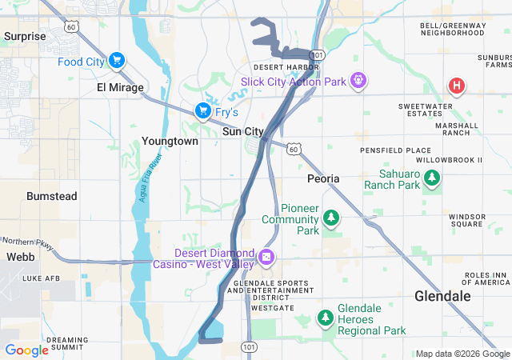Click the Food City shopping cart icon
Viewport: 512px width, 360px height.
pyautogui.click(x=117, y=60)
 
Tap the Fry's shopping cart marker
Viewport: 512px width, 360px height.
pyautogui.click(x=203, y=110)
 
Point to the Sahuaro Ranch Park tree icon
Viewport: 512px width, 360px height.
pyautogui.click(x=432, y=178)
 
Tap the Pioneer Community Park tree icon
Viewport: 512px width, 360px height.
pyautogui.click(x=330, y=218)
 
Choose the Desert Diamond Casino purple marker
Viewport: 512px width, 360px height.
pyautogui.click(x=266, y=258)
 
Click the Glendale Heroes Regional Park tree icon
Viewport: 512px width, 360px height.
pyautogui.click(x=325, y=318)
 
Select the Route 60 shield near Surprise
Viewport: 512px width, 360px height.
pyautogui.click(x=71, y=26)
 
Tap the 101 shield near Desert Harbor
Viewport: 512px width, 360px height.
pyautogui.click(x=318, y=55)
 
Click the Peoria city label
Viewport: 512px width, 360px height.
pyautogui.click(x=323, y=178)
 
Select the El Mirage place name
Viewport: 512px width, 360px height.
pyautogui.click(x=119, y=87)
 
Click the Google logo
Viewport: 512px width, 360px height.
pyautogui.click(x=26, y=350)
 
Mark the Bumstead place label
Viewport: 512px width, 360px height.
pyautogui.click(x=51, y=195)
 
